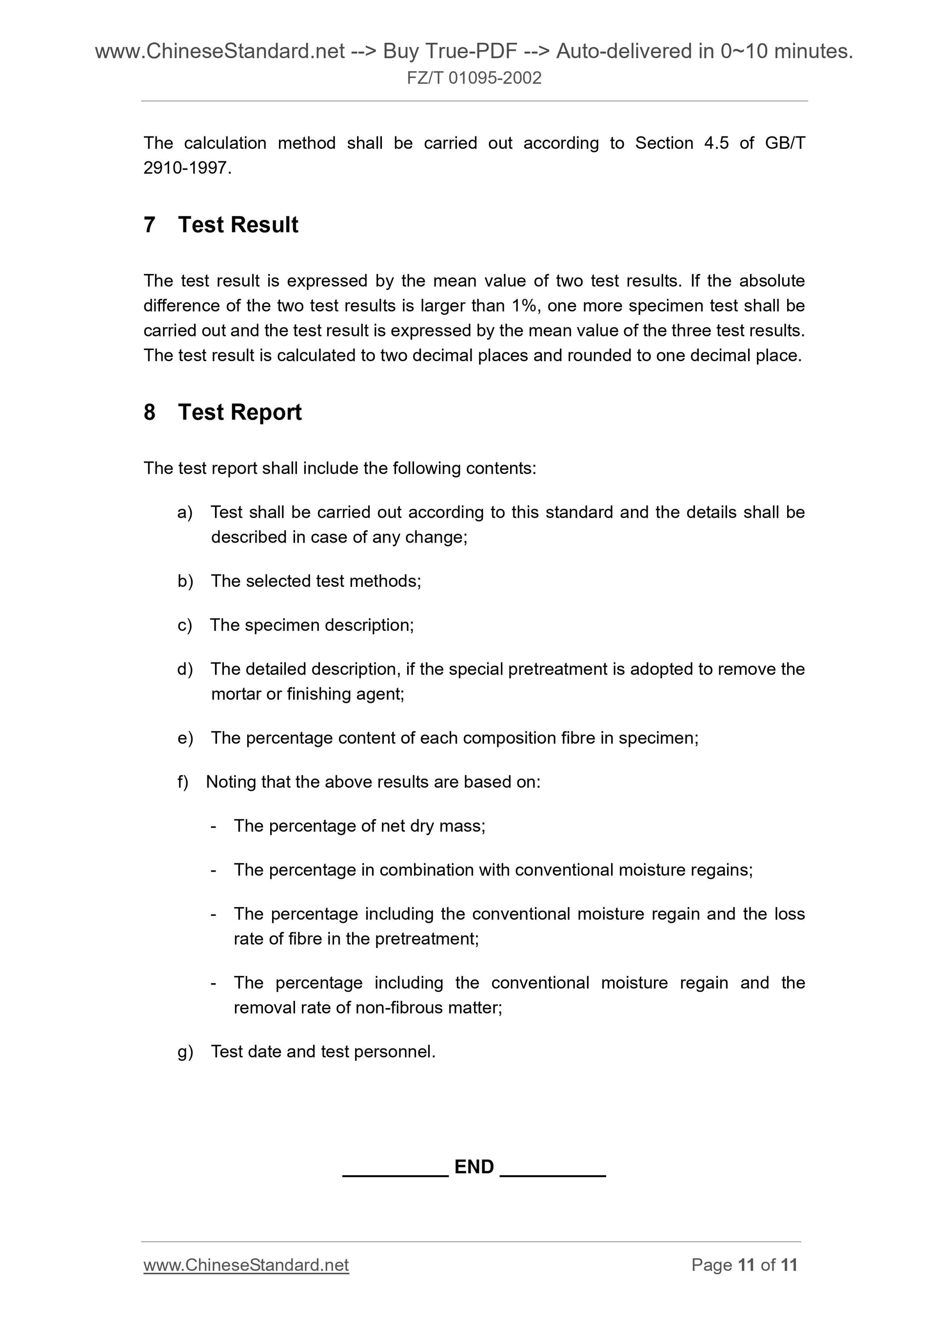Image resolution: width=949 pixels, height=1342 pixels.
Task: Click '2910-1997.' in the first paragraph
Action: (x=187, y=168)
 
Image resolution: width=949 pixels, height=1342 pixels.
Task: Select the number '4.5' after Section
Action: (x=716, y=143)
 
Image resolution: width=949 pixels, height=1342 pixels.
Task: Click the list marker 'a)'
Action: (x=185, y=513)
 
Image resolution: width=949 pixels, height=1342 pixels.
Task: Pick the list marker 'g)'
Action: (x=185, y=1052)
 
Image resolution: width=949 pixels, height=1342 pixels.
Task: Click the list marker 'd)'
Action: (x=185, y=669)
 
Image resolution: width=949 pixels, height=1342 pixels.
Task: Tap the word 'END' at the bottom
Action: (x=474, y=1167)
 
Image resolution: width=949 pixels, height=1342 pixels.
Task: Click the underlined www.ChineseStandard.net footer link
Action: (x=246, y=1265)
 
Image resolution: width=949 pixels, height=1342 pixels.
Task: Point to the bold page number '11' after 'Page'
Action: (x=746, y=1265)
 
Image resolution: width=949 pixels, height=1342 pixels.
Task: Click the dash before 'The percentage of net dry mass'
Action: (x=214, y=826)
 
